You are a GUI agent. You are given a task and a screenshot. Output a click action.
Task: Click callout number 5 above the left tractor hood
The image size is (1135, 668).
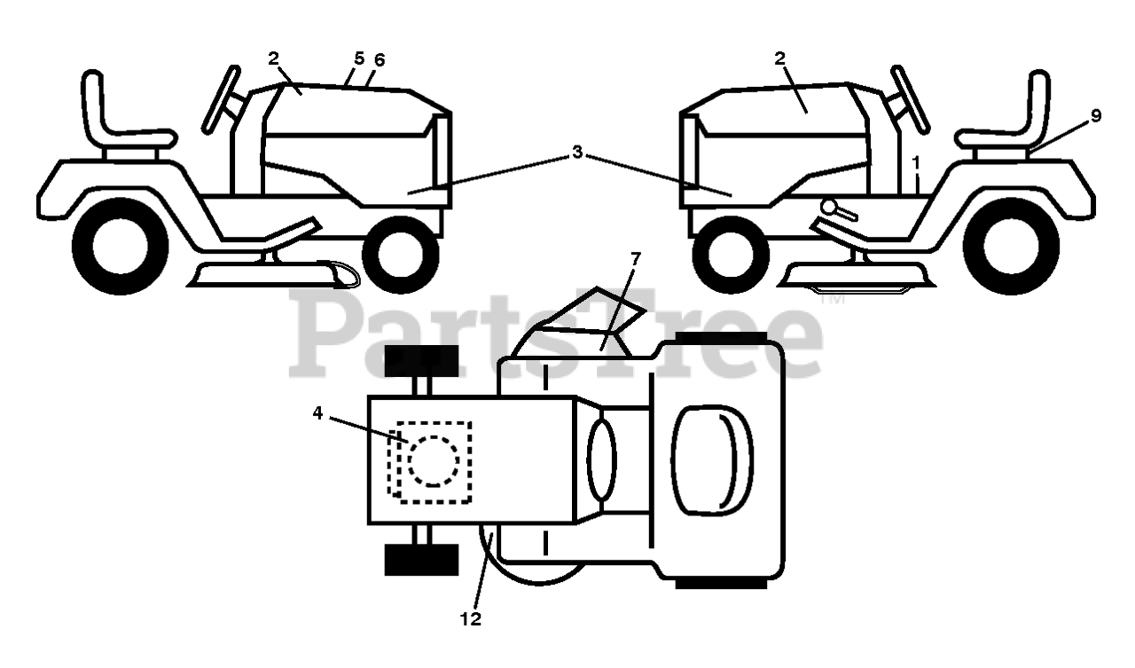[358, 59]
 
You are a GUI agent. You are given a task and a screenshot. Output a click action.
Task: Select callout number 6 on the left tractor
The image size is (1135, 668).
[380, 59]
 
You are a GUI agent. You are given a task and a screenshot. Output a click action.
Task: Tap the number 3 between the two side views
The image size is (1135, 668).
[577, 153]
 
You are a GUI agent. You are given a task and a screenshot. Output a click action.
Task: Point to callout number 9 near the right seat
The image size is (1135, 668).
[1096, 115]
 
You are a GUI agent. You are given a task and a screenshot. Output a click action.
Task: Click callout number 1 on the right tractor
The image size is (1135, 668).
[916, 163]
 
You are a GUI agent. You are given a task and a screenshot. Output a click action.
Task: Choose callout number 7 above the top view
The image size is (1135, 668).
[634, 258]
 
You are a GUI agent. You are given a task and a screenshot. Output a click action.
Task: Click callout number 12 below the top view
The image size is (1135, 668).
[471, 619]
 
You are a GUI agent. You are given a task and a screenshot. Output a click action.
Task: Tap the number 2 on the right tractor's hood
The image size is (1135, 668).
[779, 59]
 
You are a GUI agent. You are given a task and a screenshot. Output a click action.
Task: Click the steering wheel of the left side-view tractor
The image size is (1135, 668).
[222, 98]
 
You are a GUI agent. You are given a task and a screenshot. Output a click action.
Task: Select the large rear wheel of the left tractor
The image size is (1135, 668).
[121, 247]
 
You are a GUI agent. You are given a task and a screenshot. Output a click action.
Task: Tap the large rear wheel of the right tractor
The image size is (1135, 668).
[1012, 247]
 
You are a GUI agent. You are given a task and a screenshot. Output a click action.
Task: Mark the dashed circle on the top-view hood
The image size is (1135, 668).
[433, 460]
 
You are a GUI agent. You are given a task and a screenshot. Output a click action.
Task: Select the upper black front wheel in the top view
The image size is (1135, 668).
[421, 360]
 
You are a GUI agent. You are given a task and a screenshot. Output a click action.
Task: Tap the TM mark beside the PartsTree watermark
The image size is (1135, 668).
[834, 300]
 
